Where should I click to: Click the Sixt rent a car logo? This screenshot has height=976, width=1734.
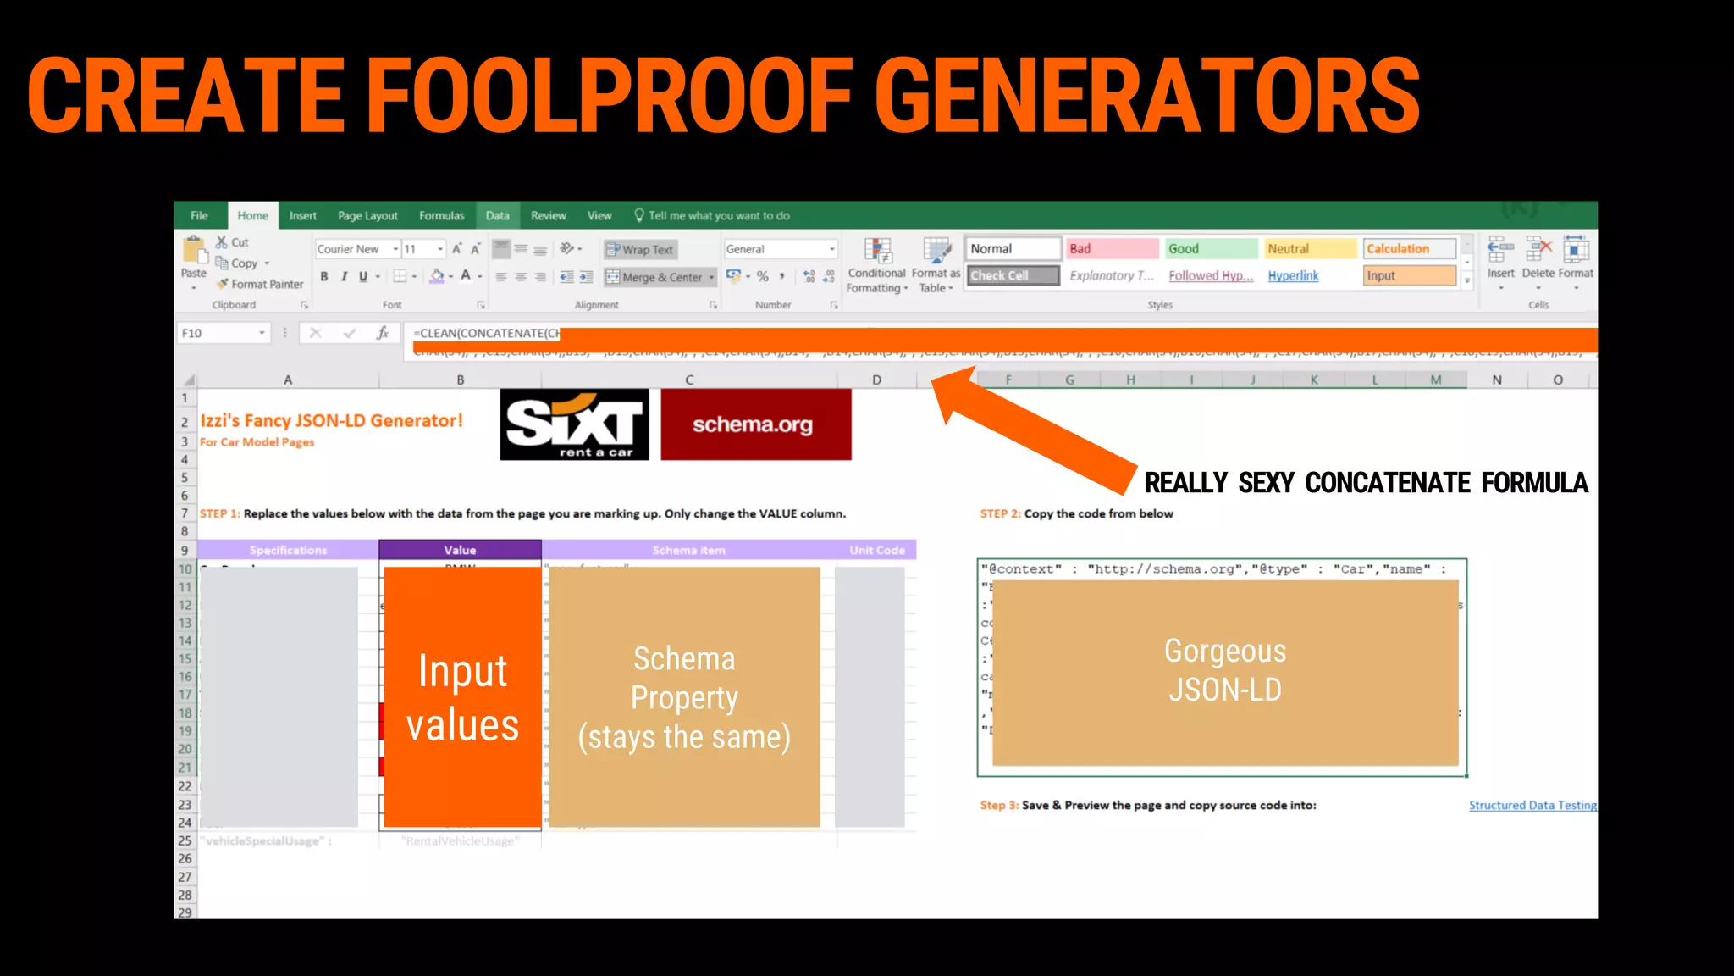(x=574, y=424)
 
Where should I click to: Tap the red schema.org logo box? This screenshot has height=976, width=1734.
(x=755, y=424)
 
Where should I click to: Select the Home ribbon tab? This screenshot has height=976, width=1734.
(x=252, y=216)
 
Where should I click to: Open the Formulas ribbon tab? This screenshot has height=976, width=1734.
(x=441, y=216)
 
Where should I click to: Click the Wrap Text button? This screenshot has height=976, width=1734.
(x=640, y=250)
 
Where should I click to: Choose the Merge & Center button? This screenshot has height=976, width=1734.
(x=660, y=277)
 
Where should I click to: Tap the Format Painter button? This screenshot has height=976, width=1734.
(x=260, y=285)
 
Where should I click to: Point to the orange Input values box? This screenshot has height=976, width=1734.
(x=462, y=696)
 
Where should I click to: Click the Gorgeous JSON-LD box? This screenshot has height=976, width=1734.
(x=1224, y=672)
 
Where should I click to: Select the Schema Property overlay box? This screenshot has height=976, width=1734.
(x=684, y=696)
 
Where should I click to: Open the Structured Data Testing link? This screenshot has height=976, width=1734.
(x=1532, y=806)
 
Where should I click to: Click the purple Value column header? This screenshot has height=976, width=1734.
(x=460, y=551)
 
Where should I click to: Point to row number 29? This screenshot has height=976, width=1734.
(x=185, y=912)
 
